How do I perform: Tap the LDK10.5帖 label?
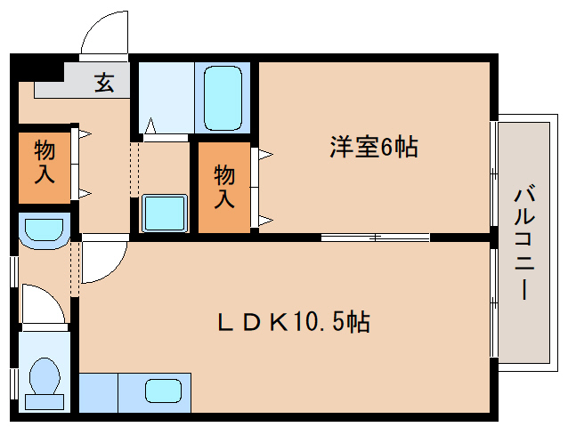294,321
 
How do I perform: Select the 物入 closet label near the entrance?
45,163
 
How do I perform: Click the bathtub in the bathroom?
223,97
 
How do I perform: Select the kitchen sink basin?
163,391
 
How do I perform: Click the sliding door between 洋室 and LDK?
375,237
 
